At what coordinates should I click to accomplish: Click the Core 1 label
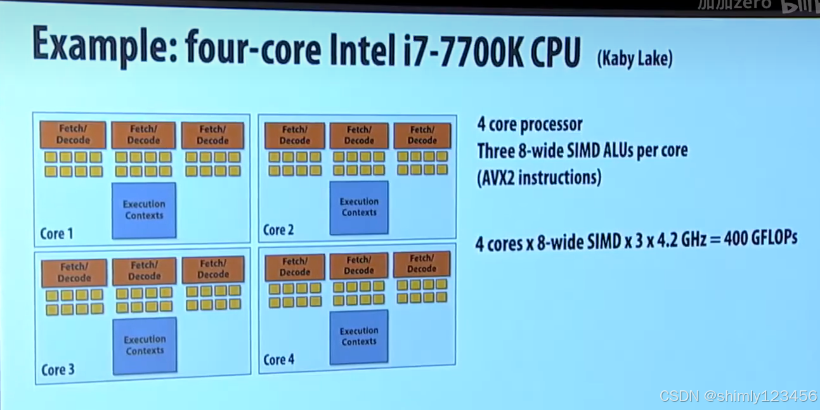click(56, 234)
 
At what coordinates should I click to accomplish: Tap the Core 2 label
click(278, 230)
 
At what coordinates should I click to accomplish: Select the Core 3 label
click(58, 369)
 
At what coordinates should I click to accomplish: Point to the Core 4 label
click(279, 360)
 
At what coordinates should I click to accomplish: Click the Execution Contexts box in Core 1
click(144, 210)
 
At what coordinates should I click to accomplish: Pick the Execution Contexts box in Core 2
click(359, 207)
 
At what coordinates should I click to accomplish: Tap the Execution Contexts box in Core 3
click(145, 345)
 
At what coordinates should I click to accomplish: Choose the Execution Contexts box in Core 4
click(359, 336)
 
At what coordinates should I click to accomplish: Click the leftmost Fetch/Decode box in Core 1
click(73, 135)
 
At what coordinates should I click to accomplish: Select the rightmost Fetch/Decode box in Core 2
click(422, 135)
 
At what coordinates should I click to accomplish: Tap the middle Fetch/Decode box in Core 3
click(145, 271)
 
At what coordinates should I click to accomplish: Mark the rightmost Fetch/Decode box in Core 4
click(422, 264)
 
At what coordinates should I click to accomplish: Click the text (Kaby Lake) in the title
click(634, 59)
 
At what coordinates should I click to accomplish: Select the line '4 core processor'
click(530, 125)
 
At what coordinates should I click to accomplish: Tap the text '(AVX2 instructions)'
click(538, 177)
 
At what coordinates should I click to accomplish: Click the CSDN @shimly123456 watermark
click(738, 396)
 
